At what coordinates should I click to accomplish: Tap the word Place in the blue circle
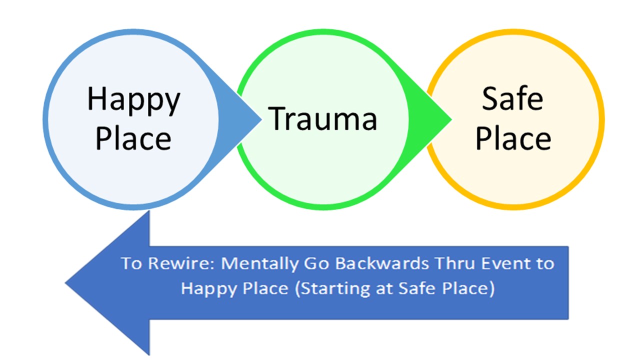pyautogui.click(x=133, y=139)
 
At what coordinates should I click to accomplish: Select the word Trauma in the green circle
pyautogui.click(x=322, y=119)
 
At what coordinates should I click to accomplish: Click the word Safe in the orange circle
pyautogui.click(x=512, y=98)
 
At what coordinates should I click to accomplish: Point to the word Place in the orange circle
pyautogui.click(x=513, y=139)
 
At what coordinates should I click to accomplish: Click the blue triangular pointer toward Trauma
pyautogui.click(x=240, y=119)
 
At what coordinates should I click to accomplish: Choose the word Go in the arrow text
pyautogui.click(x=316, y=263)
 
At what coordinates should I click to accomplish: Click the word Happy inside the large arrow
pyautogui.click(x=208, y=289)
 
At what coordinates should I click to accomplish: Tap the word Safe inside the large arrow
pyautogui.click(x=416, y=288)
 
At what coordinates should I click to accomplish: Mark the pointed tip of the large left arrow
pyautogui.click(x=65, y=283)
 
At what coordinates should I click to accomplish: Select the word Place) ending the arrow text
pyautogui.click(x=468, y=288)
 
